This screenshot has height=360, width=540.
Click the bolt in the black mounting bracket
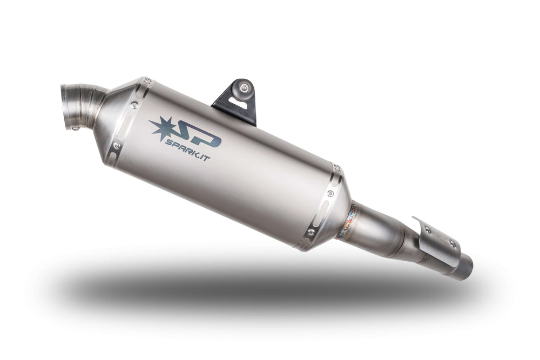[x=244, y=87]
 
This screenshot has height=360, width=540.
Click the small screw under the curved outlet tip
[x=76, y=128]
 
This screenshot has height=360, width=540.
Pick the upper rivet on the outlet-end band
[x=134, y=105]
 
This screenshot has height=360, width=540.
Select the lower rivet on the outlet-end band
[x=117, y=146]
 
